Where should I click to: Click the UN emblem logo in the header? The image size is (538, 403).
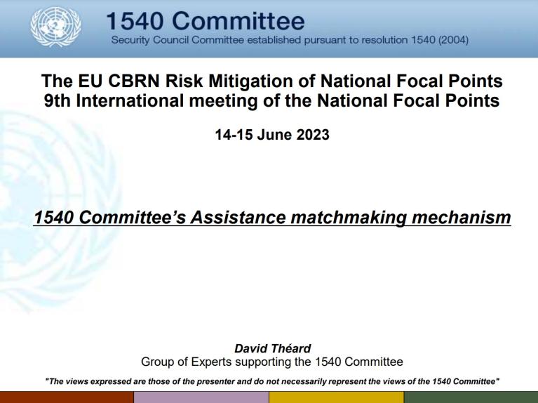click(x=55, y=28)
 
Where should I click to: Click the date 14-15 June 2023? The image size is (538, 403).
click(x=271, y=135)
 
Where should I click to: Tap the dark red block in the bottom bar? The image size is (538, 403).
click(x=67, y=397)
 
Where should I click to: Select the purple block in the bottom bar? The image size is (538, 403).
click(x=201, y=397)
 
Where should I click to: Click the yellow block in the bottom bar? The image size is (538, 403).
click(x=336, y=397)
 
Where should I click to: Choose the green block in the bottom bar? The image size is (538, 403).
click(x=471, y=397)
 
